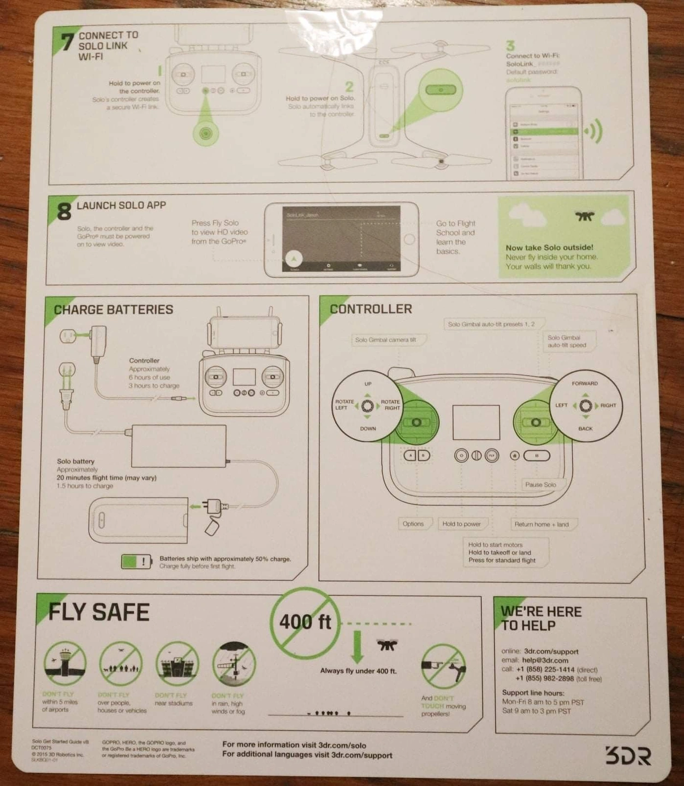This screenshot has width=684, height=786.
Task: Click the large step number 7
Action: (x=67, y=41)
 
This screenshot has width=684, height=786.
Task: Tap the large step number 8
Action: (x=64, y=211)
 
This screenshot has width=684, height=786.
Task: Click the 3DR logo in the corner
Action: (x=628, y=756)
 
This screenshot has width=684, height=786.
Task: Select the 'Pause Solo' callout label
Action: (x=540, y=485)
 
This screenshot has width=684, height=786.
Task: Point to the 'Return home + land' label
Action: (x=541, y=525)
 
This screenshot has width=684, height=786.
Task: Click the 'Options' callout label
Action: (x=413, y=524)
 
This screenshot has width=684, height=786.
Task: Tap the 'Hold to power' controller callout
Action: (x=461, y=524)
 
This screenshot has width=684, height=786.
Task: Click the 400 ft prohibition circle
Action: (x=305, y=622)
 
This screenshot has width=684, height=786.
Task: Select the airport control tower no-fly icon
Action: (x=65, y=664)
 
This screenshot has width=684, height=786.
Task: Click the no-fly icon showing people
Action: (x=121, y=664)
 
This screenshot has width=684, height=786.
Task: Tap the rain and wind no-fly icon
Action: (x=234, y=664)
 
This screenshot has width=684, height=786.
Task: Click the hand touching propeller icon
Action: (x=443, y=666)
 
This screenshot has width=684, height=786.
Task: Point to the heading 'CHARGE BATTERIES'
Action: (x=114, y=310)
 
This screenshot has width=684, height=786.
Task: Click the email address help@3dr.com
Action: (x=545, y=660)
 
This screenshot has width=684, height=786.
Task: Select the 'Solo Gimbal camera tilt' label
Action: (x=385, y=340)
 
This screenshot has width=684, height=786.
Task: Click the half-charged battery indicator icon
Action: (x=136, y=561)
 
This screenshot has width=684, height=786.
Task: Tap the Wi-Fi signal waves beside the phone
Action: (x=593, y=131)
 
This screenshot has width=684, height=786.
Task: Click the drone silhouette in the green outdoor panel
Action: (x=585, y=216)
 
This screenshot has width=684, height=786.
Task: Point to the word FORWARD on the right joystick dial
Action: (x=585, y=384)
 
